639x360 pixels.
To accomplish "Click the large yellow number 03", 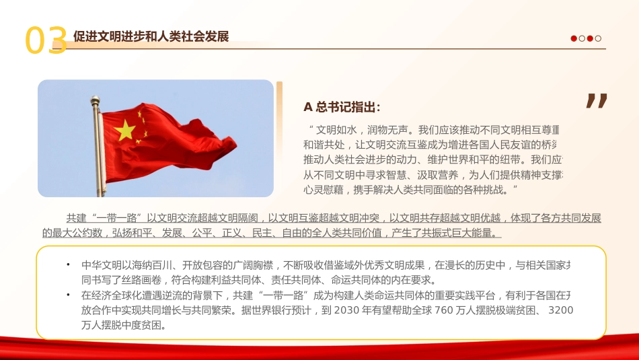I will (x=46, y=40).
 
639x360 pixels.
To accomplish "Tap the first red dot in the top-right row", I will (x=574, y=38).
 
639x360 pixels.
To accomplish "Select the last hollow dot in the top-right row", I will (x=599, y=38).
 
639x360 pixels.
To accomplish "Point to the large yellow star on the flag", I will (x=125, y=130).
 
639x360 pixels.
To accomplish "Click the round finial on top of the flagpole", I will (x=95, y=100).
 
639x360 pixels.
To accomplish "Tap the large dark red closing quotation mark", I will (x=597, y=101).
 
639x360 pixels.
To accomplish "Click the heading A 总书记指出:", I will (x=342, y=107).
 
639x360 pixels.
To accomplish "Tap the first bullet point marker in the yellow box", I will (x=68, y=264).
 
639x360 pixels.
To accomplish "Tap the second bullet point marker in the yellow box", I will (x=68, y=295).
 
